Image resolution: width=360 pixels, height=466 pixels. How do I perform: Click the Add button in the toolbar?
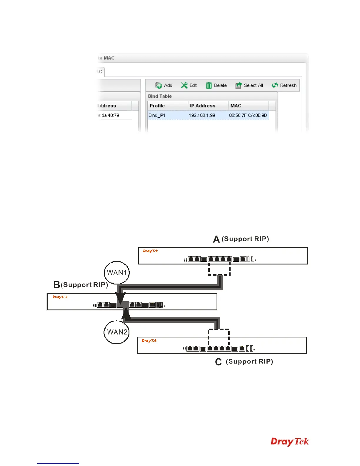pyautogui.click(x=164, y=85)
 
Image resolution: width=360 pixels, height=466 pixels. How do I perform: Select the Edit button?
pyautogui.click(x=189, y=85)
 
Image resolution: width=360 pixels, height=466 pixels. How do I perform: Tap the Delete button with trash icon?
pyautogui.click(x=216, y=85)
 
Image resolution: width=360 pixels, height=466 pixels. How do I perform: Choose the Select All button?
pyautogui.click(x=249, y=85)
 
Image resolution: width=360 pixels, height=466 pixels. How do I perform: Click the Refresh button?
pyautogui.click(x=284, y=85)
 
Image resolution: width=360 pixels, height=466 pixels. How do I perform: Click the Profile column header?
pyautogui.click(x=157, y=106)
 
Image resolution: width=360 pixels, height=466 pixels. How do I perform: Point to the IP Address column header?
pyautogui.click(x=203, y=106)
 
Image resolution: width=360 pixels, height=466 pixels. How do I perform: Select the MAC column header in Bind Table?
pyautogui.click(x=236, y=106)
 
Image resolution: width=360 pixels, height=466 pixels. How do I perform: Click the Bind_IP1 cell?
pyautogui.click(x=157, y=115)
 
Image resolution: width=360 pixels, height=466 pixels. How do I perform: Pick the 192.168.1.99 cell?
pyautogui.click(x=202, y=115)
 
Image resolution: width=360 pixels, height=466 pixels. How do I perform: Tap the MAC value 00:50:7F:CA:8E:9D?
pyautogui.click(x=248, y=115)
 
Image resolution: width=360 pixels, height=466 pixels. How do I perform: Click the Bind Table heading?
pyautogui.click(x=160, y=96)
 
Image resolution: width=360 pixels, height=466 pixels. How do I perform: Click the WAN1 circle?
pyautogui.click(x=117, y=272)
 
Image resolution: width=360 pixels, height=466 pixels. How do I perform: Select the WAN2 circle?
pyautogui.click(x=117, y=332)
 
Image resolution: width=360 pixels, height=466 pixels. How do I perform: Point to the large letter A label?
pyautogui.click(x=216, y=239)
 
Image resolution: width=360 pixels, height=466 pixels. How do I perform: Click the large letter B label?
pyautogui.click(x=57, y=285)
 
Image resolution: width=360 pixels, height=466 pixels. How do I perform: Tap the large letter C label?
pyautogui.click(x=218, y=362)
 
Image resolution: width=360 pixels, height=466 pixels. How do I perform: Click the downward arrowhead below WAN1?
pyautogui.click(x=121, y=297)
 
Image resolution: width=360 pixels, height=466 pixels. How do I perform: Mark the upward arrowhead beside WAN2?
pyautogui.click(x=126, y=314)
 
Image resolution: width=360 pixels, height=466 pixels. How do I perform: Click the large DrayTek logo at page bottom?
pyautogui.click(x=290, y=442)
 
